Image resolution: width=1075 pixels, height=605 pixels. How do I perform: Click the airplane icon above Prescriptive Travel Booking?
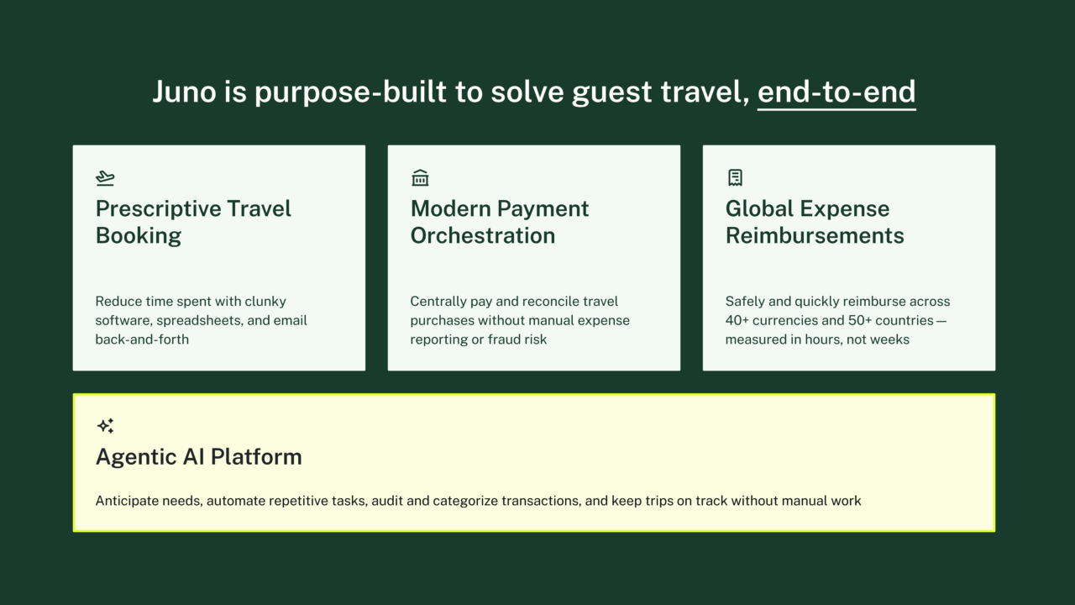pyautogui.click(x=105, y=177)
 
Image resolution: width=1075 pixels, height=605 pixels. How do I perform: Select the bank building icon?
pyautogui.click(x=420, y=177)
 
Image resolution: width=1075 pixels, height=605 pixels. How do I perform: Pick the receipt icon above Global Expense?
pyautogui.click(x=735, y=177)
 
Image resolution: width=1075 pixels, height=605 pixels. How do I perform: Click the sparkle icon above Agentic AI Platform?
pyautogui.click(x=105, y=426)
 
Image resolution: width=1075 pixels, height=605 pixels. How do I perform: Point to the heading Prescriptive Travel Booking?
pyautogui.click(x=193, y=222)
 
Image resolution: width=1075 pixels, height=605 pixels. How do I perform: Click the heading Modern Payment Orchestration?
pyautogui.click(x=500, y=222)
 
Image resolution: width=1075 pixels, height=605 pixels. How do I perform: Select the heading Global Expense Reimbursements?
pyautogui.click(x=814, y=222)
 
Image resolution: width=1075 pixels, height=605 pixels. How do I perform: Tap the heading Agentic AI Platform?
pyautogui.click(x=198, y=457)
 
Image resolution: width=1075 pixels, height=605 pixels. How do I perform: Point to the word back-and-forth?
pyautogui.click(x=142, y=339)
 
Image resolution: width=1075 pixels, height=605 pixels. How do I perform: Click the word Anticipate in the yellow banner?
pyautogui.click(x=127, y=501)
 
